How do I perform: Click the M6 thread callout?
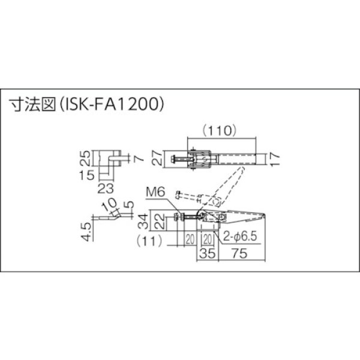click(x=155, y=193)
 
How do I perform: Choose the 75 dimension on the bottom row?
click(x=239, y=253)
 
